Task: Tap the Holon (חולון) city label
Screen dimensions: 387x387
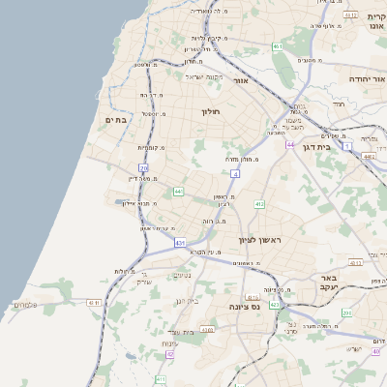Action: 211,112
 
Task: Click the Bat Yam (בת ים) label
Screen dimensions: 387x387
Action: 115,119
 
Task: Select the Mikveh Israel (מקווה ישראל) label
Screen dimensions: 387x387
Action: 203,76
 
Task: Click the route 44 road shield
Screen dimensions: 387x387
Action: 289,144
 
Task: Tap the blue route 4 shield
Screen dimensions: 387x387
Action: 235,174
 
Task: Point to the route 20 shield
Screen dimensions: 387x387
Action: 143,168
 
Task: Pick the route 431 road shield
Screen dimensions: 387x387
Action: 180,243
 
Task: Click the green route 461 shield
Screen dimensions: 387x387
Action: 278,46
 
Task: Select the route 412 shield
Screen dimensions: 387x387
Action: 259,204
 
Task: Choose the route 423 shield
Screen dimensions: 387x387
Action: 275,305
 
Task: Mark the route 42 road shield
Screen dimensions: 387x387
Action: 170,355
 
